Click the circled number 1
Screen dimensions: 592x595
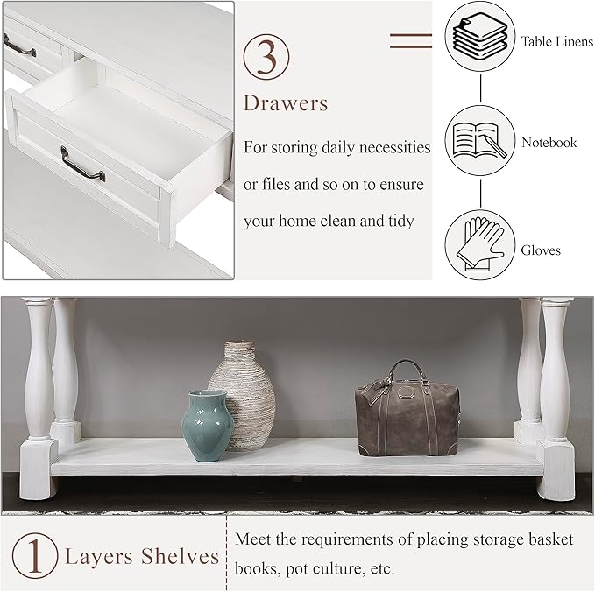tap(32, 555)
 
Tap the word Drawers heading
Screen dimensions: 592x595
tap(286, 104)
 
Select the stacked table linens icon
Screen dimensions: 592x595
tap(479, 39)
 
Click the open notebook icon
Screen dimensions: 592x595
tap(479, 140)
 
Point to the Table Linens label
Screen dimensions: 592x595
tap(556, 41)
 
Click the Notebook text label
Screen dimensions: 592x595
tap(549, 142)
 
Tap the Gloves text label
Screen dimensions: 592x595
tap(541, 250)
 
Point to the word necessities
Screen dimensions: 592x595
tap(391, 146)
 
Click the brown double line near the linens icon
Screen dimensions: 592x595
tap(410, 39)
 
